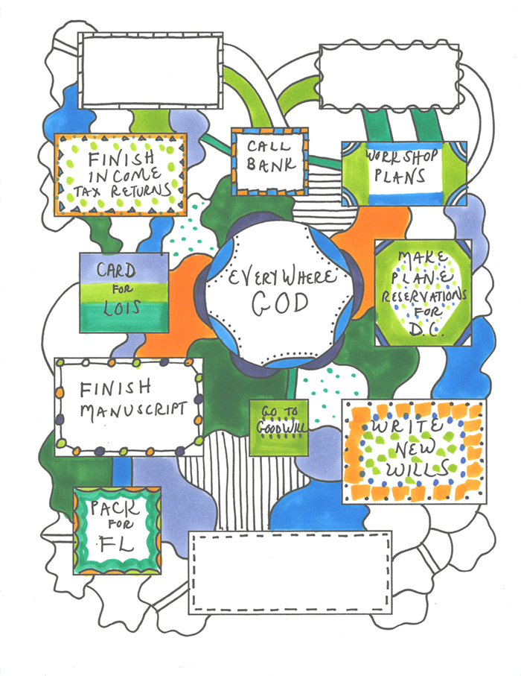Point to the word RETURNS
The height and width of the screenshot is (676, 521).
click(144, 192)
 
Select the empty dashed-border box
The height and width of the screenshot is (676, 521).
click(290, 572)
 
